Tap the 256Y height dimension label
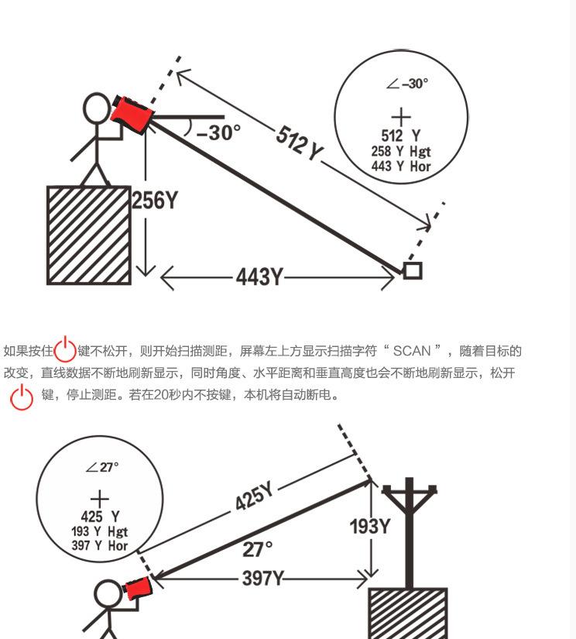[154, 201]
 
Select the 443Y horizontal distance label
[259, 277]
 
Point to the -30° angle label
[219, 133]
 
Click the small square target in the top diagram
[412, 270]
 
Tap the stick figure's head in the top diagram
[98, 108]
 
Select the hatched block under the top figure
[88, 235]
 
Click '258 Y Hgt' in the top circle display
[400, 152]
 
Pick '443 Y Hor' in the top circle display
[400, 166]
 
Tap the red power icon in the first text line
[65, 350]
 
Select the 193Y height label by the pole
[370, 527]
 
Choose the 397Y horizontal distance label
[262, 578]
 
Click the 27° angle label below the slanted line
[258, 549]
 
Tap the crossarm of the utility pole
[409, 490]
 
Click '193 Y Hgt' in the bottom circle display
[100, 531]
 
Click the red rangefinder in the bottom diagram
[139, 589]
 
